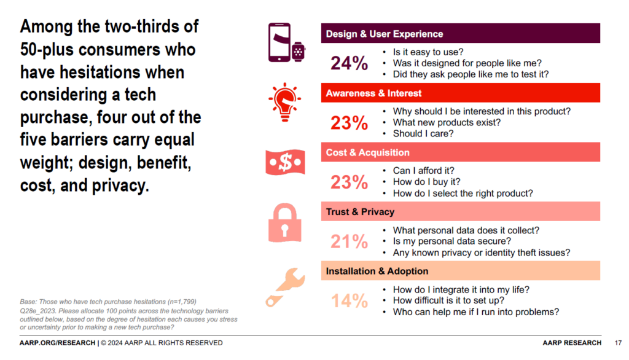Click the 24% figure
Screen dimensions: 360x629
[x=349, y=63]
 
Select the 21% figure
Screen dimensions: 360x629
[x=349, y=241]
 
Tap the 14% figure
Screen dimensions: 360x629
[x=349, y=301]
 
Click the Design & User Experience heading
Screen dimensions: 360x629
[x=385, y=34]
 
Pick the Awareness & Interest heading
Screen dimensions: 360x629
[x=373, y=93]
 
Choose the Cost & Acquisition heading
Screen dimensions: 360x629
[x=367, y=152]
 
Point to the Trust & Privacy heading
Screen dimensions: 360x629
[x=360, y=212]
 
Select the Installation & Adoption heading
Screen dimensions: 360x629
[x=376, y=271]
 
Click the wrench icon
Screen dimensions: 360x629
[x=284, y=286]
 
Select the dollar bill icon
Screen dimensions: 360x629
[x=284, y=162]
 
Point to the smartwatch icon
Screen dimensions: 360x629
[x=299, y=51]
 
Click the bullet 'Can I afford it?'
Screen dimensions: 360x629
[x=423, y=171]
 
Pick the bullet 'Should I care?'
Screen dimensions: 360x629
[x=423, y=133]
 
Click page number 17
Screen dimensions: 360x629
[x=617, y=343]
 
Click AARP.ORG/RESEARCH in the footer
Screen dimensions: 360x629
[x=57, y=343]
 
